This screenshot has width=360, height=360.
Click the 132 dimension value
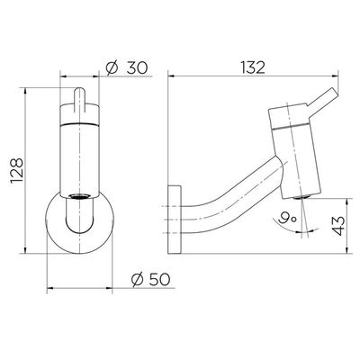tap(254, 67)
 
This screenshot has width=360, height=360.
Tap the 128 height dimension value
tap(17, 170)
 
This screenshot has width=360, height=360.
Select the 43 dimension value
tap(338, 226)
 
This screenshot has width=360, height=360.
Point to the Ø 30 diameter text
tap(127, 67)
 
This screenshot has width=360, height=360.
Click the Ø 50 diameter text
tap(151, 280)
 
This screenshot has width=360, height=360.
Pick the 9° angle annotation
tap(287, 217)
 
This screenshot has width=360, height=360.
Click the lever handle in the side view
tap(322, 99)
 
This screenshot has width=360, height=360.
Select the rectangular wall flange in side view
tap(175, 220)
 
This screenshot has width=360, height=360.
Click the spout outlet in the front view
tap(79, 197)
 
